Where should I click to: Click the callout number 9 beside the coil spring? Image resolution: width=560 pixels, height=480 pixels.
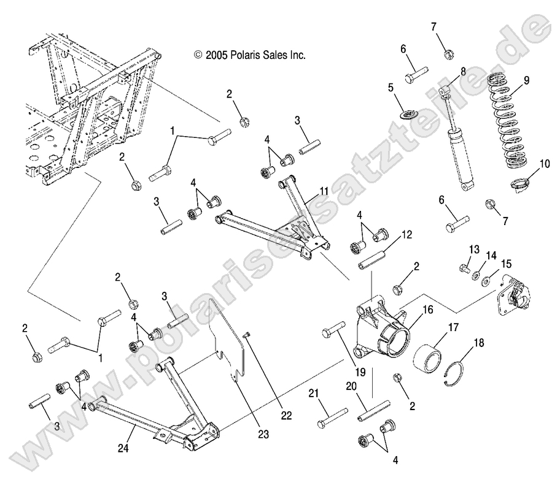526,80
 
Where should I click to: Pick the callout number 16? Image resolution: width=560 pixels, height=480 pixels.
427,310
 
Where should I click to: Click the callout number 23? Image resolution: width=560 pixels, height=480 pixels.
263,435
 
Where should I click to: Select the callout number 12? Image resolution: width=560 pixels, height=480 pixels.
406,234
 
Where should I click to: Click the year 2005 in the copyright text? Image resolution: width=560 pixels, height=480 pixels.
218,55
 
